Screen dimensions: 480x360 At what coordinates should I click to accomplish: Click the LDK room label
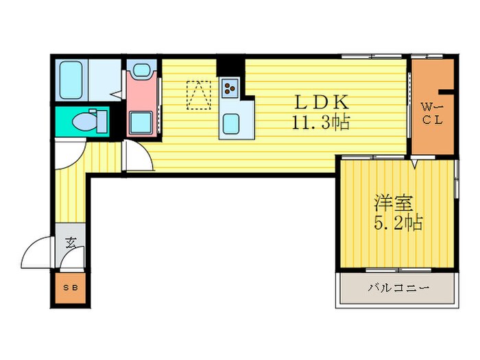tap(322, 102)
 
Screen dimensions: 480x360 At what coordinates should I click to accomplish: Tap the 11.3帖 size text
tap(321, 122)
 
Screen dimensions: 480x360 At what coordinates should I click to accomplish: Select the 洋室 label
tap(394, 203)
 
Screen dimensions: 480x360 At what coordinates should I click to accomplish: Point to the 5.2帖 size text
tap(398, 223)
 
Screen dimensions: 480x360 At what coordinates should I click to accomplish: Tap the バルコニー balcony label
tap(398, 288)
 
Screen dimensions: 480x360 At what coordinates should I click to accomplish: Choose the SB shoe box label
tap(71, 288)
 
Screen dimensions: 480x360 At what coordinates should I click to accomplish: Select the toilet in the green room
tap(89, 121)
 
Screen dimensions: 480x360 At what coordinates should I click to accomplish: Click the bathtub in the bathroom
tap(71, 80)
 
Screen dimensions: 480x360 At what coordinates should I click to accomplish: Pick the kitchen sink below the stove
tap(231, 123)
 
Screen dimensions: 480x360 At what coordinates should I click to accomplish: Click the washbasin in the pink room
tap(142, 69)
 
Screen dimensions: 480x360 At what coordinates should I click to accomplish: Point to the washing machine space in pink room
tap(141, 123)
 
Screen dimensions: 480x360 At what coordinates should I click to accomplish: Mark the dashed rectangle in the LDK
tap(199, 95)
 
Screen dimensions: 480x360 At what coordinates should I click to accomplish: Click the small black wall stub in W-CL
tap(446, 91)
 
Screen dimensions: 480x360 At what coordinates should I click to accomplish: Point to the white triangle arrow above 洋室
tap(414, 164)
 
